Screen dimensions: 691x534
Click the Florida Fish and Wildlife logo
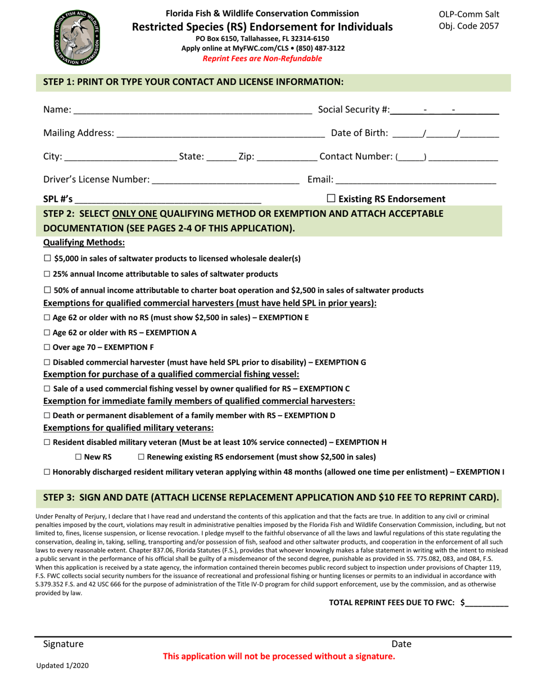(78, 38)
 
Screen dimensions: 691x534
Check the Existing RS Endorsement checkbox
(331, 198)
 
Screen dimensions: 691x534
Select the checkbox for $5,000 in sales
(47, 258)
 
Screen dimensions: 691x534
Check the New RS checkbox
(78, 457)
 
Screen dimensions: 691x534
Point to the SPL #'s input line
(168, 199)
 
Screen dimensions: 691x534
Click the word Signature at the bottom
(64, 644)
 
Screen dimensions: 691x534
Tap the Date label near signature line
(401, 644)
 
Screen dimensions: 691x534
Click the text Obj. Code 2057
(468, 26)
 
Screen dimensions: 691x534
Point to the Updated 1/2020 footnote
(62, 665)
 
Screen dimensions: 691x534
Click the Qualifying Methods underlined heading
(84, 242)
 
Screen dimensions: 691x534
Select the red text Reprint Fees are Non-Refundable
(262, 58)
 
